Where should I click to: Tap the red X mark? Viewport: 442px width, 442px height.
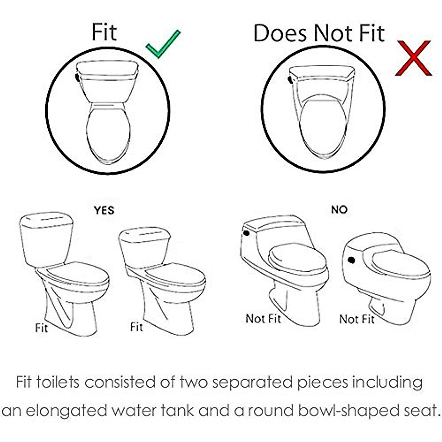tap(413, 58)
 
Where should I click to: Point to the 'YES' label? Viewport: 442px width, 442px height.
tap(104, 210)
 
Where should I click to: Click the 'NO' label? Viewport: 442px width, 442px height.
tap(339, 210)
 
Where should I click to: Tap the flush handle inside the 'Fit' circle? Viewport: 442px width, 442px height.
tap(77, 77)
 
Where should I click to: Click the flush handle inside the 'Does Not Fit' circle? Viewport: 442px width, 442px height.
tap(291, 79)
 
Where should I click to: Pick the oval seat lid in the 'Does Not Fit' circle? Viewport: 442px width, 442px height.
tap(323, 127)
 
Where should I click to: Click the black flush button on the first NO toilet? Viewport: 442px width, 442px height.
tap(246, 233)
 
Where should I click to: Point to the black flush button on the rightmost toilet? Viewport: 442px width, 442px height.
tap(351, 260)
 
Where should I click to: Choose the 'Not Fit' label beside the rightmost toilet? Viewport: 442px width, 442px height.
tap(357, 319)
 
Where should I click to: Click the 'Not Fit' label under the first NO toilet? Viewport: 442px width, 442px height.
tap(263, 318)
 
